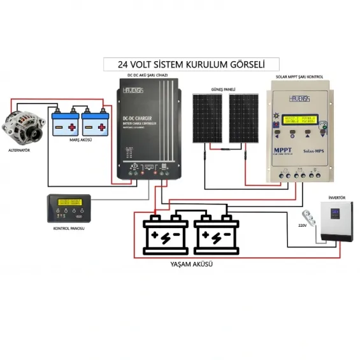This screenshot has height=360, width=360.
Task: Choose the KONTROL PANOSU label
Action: coord(69,227)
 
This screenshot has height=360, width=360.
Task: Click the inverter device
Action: coord(337,222)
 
